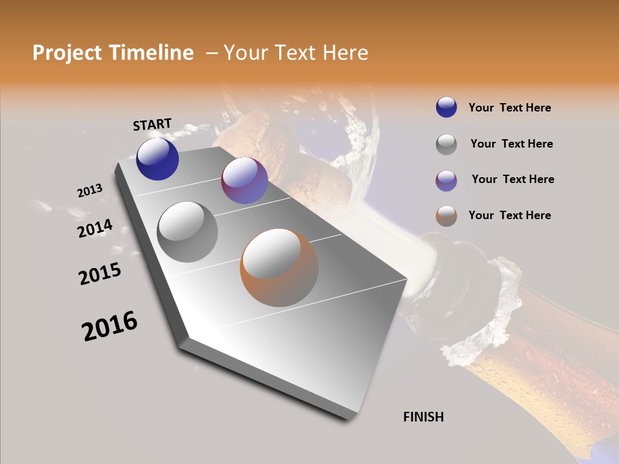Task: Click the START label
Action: [152, 124]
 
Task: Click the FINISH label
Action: [423, 417]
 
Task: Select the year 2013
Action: [90, 191]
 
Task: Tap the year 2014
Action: [95, 229]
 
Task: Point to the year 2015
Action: [100, 274]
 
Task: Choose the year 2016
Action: [110, 326]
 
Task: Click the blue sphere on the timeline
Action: [157, 159]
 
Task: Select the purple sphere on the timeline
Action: [244, 180]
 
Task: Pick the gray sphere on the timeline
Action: [188, 231]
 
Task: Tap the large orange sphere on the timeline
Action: [279, 267]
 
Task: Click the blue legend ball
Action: [446, 107]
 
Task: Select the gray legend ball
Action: [446, 144]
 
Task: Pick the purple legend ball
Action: [446, 180]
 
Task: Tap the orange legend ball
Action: [446, 216]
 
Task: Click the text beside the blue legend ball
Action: [509, 108]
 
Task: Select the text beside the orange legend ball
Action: [509, 215]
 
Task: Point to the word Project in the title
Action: [66, 53]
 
